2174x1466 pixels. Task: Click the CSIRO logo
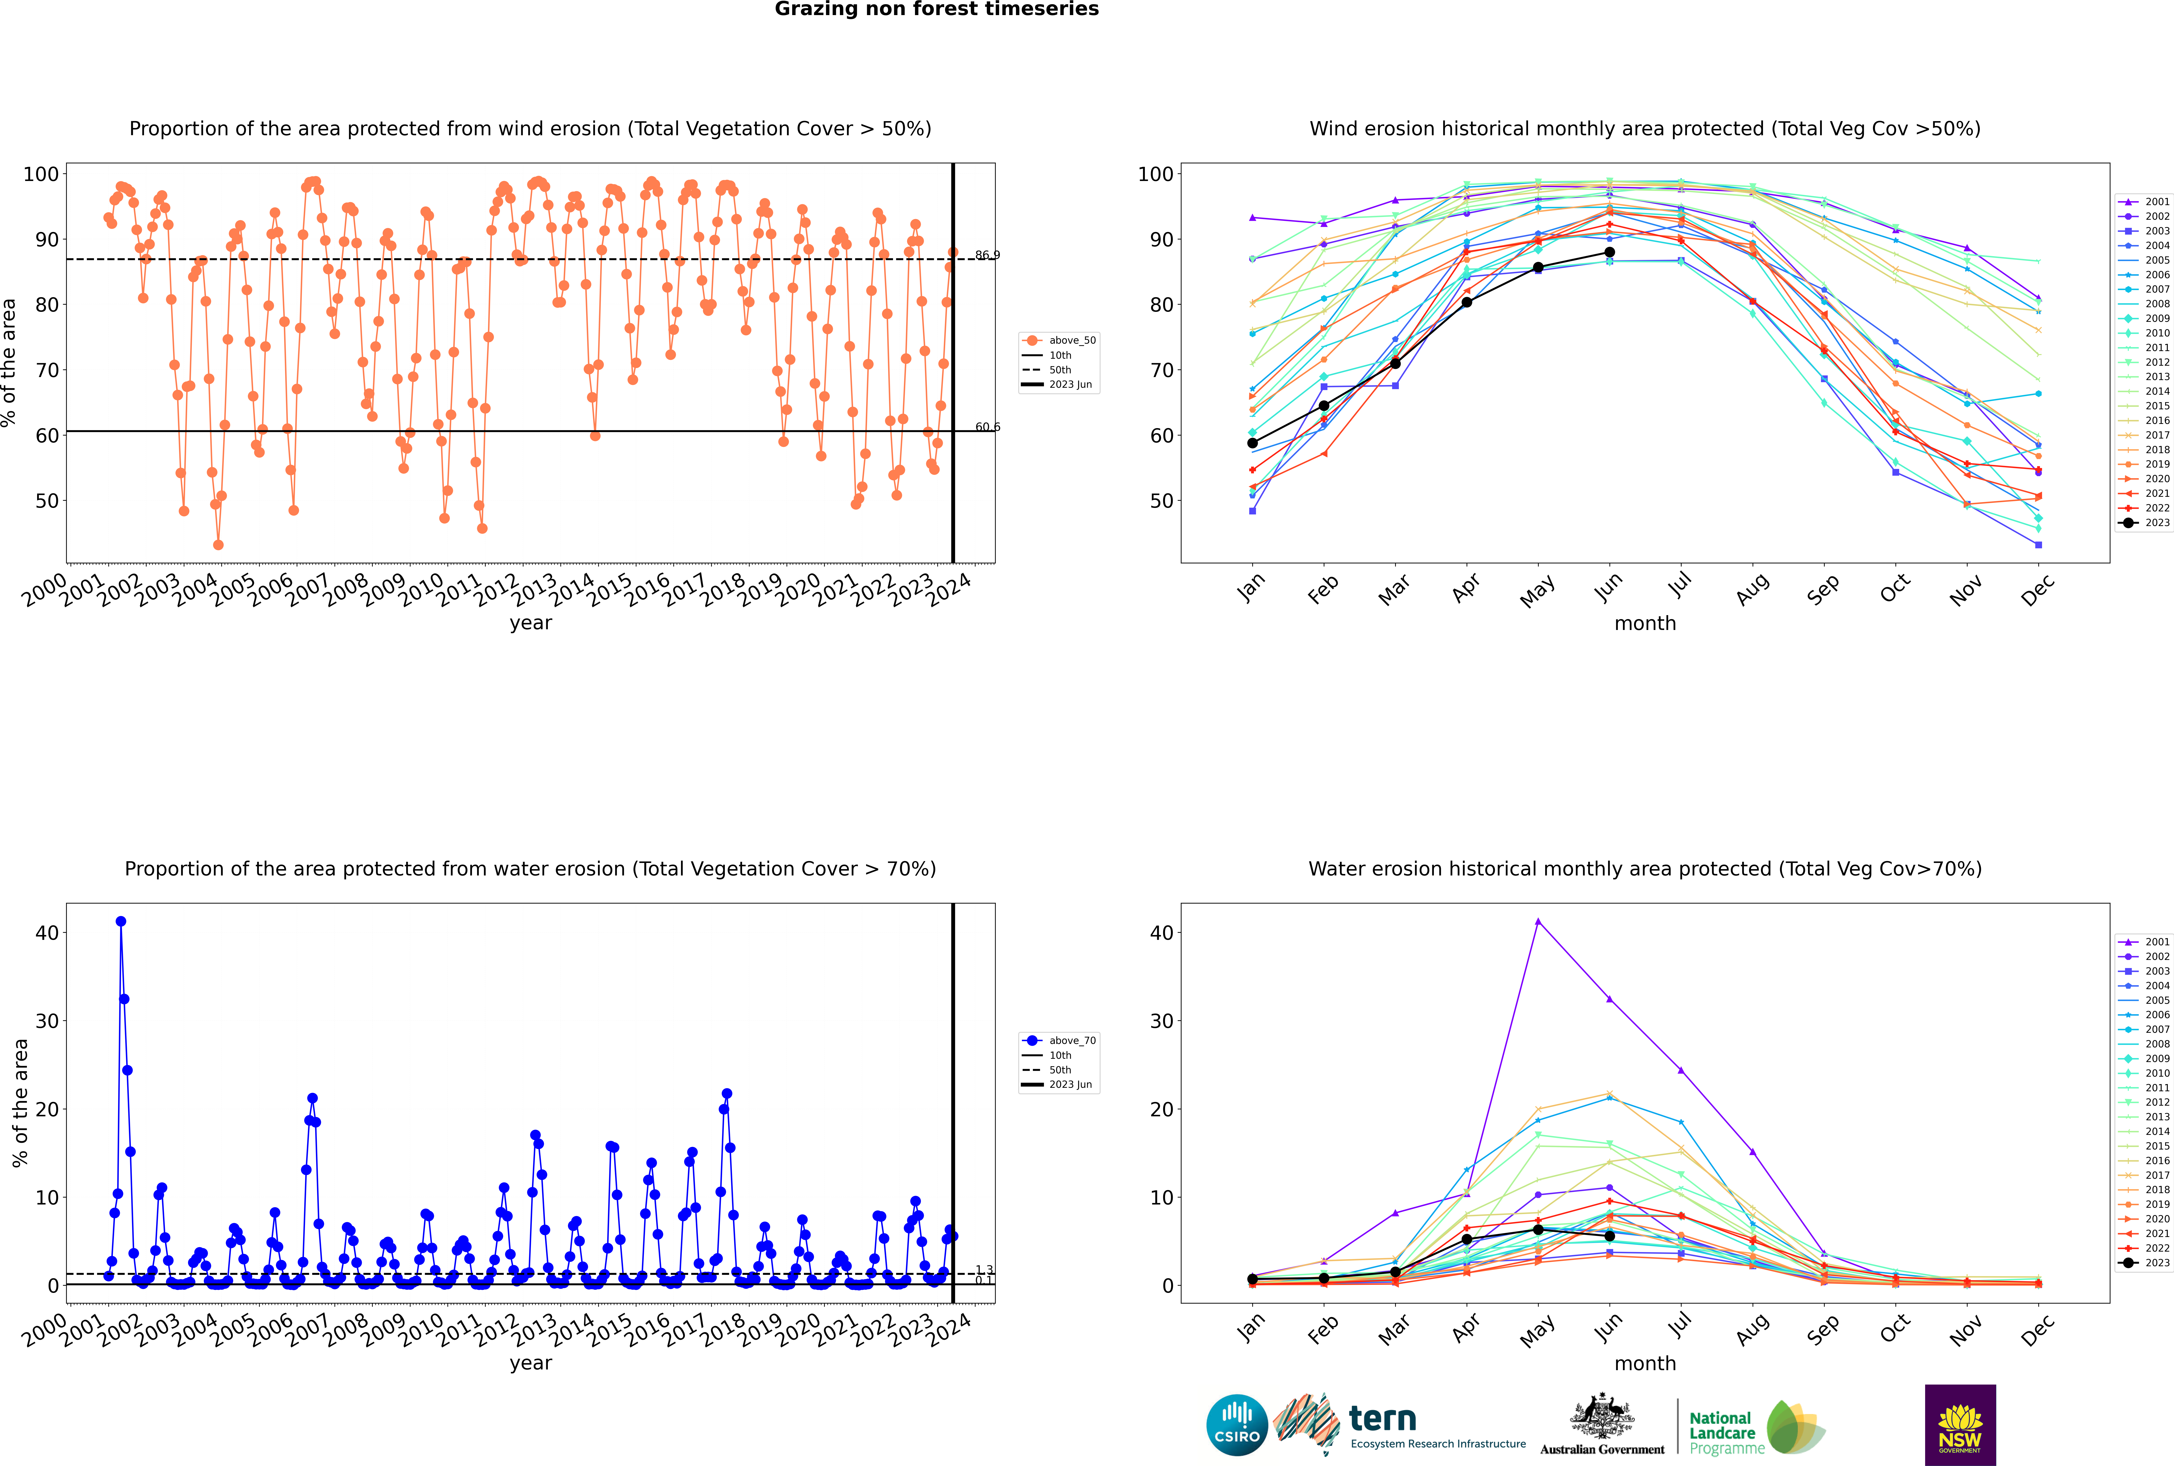coord(1236,1425)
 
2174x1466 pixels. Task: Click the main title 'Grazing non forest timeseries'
coord(937,9)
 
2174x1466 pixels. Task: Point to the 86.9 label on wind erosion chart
coord(987,255)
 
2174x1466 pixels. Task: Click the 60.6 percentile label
coord(987,427)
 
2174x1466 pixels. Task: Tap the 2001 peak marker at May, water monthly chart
coord(1538,922)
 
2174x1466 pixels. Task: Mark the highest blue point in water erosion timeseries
coord(121,922)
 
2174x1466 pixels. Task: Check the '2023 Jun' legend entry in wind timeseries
coord(1069,384)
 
